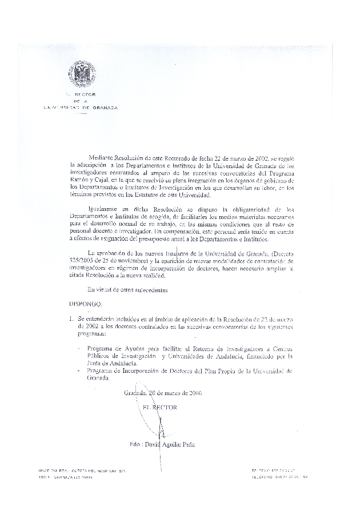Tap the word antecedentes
click(151, 290)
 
